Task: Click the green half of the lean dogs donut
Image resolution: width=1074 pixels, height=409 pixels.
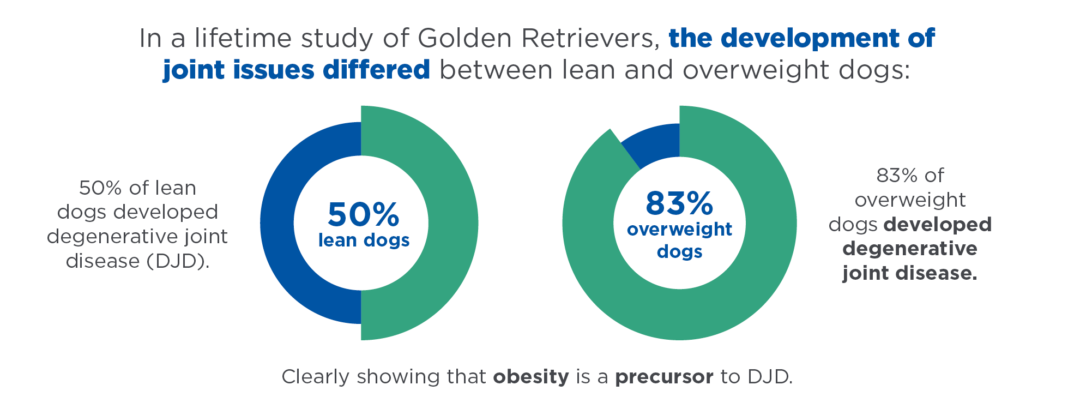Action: click(x=452, y=223)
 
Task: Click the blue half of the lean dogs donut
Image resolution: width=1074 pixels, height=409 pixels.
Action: click(x=277, y=223)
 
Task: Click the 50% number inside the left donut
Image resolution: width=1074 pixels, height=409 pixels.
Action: click(x=363, y=214)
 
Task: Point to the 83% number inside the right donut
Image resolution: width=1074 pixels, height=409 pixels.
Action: click(x=679, y=203)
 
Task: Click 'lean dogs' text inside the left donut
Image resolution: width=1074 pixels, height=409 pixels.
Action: click(x=364, y=240)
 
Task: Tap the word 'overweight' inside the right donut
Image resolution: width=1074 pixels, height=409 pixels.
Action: click(x=679, y=229)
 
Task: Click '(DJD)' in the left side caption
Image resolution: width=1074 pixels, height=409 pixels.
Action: click(x=178, y=261)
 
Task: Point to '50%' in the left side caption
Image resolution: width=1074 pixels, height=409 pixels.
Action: click(x=100, y=188)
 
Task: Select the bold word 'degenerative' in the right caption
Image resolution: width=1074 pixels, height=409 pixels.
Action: click(x=910, y=249)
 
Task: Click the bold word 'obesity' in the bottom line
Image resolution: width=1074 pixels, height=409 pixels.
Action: click(x=531, y=377)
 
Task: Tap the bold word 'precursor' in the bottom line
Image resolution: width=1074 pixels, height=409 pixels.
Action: click(x=664, y=377)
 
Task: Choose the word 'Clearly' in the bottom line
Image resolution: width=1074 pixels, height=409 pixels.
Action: click(x=315, y=377)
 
